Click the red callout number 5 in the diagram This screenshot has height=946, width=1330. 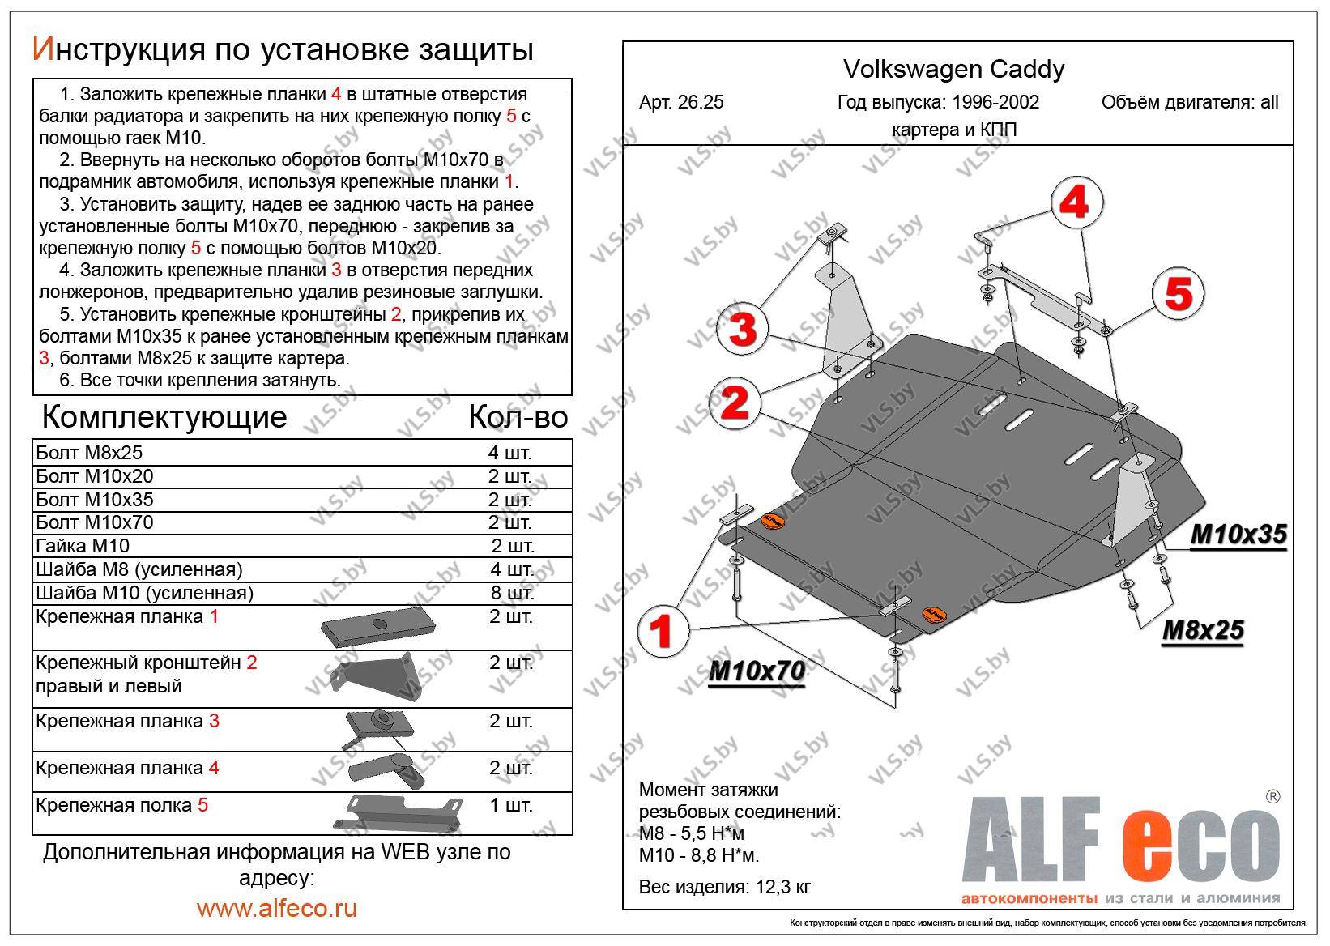click(1179, 293)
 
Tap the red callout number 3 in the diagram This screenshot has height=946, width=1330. click(743, 330)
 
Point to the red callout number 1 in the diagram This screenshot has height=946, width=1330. click(662, 632)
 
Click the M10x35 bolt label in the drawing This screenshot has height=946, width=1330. click(1238, 535)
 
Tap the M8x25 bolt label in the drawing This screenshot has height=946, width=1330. click(1202, 630)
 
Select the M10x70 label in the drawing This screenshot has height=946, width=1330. click(756, 671)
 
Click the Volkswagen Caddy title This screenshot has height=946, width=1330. click(954, 70)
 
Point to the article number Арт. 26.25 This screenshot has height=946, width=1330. click(681, 103)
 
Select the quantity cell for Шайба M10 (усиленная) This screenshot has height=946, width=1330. click(512, 593)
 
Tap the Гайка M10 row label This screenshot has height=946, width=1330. click(83, 546)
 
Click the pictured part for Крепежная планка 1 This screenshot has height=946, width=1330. click(378, 628)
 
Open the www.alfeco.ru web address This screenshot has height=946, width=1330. click(276, 908)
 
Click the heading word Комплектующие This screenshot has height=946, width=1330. click(164, 417)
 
